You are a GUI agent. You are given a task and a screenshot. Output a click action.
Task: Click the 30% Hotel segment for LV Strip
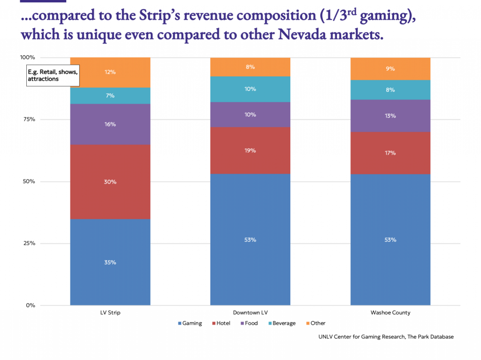pos(110,182)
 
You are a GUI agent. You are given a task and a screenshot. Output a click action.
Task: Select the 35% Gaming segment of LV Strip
pos(110,262)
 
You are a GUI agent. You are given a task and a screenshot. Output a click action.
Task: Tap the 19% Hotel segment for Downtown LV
pos(250,150)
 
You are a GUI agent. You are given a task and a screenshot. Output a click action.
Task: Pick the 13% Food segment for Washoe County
pos(390,116)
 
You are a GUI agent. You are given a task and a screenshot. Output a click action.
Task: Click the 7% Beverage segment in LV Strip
pos(110,96)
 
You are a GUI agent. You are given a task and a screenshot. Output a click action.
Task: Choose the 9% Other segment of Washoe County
pos(390,69)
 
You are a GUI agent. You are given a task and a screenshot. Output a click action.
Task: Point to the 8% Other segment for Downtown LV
pos(250,67)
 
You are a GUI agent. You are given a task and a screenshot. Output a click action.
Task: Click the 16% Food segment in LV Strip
pos(110,124)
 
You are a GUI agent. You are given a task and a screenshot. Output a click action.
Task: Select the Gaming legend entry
pos(190,323)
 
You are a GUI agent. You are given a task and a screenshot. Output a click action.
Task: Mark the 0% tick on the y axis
pos(30,305)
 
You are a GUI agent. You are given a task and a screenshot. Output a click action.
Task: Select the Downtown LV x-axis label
pos(250,313)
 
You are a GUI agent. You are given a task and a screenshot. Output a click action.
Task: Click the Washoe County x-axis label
pos(390,313)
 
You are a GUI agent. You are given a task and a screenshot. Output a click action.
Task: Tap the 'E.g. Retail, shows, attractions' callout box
pos(53,76)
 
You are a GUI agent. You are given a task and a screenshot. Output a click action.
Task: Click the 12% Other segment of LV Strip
pos(110,72)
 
